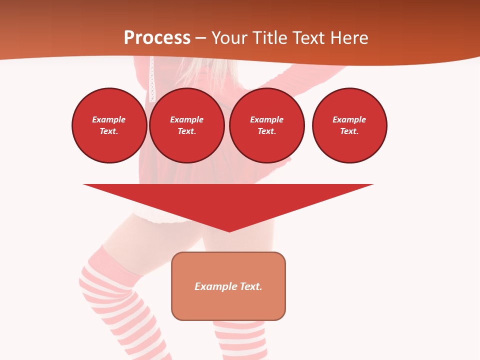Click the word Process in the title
[x=157, y=38]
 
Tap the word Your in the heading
[x=230, y=38]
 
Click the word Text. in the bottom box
[x=251, y=286]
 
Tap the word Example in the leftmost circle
[x=109, y=119]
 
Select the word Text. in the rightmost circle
[x=349, y=131]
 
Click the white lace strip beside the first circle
[x=152, y=80]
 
